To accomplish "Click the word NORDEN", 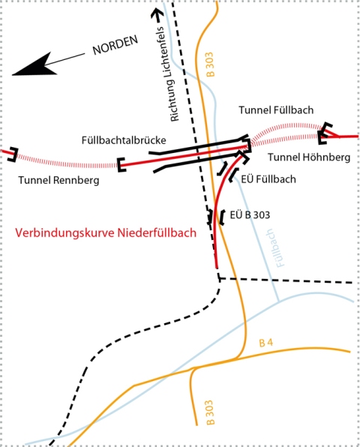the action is tap(115, 45).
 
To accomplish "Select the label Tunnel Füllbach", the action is tap(276, 110).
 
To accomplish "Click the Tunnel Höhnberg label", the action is tap(309, 157).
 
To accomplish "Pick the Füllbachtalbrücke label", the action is tap(124, 140).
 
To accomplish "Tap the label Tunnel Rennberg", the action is tap(58, 180).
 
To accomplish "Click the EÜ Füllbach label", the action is tap(268, 179).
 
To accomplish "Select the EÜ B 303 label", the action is tap(250, 215).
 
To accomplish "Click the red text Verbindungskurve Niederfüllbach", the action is tap(106, 232).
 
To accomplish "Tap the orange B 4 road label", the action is tap(266, 343).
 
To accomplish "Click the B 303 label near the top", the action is tap(209, 64).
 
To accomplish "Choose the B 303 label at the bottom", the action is tap(209, 412).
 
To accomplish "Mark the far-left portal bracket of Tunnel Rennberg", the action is tap(13, 154).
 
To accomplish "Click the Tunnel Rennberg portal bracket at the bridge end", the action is tap(121, 165).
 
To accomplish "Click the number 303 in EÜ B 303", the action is tap(261, 215).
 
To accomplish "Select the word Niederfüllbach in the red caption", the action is tap(157, 232).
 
